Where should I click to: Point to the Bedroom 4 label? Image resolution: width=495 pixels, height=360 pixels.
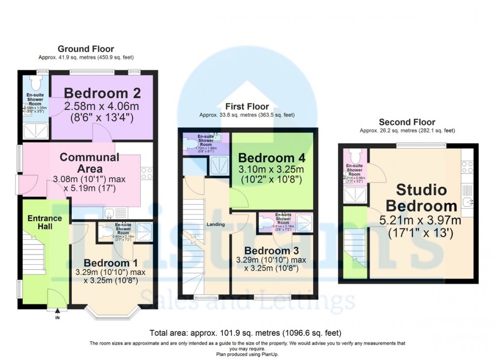pyautogui.click(x=271, y=158)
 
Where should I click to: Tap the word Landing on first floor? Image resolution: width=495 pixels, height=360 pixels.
pyautogui.click(x=216, y=224)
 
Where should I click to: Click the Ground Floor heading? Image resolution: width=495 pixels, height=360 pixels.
pyautogui.click(x=86, y=49)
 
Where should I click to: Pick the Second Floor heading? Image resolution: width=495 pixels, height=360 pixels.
pyautogui.click(x=407, y=122)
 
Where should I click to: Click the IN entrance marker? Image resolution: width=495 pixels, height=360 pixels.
pyautogui.click(x=58, y=318)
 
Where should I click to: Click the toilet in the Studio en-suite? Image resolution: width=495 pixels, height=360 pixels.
pyautogui.click(x=354, y=155)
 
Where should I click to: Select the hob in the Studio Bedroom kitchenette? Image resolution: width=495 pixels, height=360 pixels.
pyautogui.click(x=467, y=167)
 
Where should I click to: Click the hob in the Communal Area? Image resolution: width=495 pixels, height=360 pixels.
pyautogui.click(x=146, y=173)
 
